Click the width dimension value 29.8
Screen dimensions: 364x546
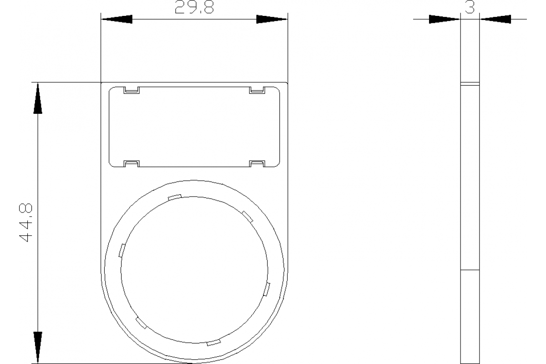(194, 8)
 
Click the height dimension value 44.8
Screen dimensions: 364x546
(25, 223)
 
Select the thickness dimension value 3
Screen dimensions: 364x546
(470, 7)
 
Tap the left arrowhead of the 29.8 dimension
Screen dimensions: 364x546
(116, 19)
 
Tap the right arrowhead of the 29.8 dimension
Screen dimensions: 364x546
(272, 19)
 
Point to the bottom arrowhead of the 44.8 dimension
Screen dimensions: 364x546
(38, 348)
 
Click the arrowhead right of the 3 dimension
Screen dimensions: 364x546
(495, 19)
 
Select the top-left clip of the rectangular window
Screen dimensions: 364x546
(132, 90)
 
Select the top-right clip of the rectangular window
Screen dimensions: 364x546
(257, 90)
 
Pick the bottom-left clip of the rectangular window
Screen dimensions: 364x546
(132, 163)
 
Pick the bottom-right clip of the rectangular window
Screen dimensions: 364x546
(257, 163)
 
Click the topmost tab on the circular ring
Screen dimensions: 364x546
(175, 197)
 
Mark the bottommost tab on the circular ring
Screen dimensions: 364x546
(213, 342)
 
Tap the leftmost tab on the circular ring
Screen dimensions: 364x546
(121, 250)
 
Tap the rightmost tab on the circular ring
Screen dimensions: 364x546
(267, 289)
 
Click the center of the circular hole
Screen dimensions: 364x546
(194, 269)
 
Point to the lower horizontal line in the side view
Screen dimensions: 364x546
(470, 270)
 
